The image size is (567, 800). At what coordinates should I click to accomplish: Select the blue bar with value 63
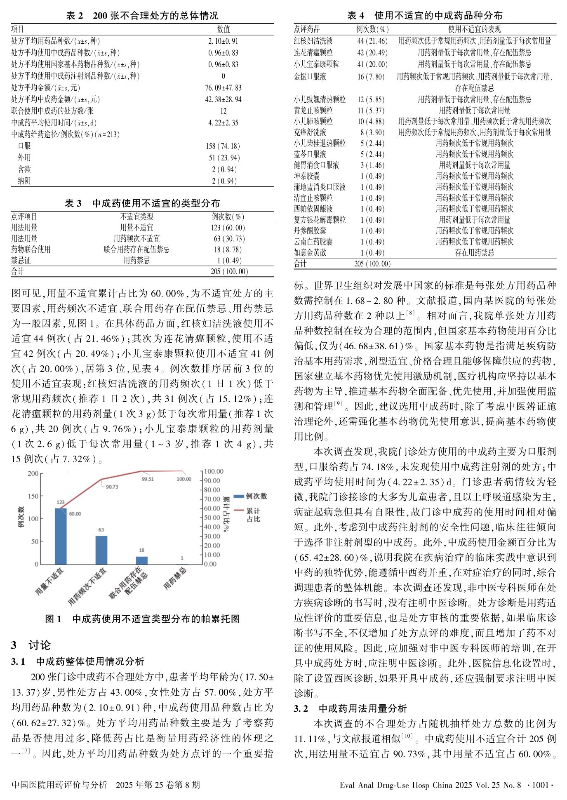[101, 550]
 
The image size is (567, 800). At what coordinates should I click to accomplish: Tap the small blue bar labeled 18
[142, 560]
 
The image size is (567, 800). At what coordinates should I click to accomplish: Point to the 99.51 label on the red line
[147, 479]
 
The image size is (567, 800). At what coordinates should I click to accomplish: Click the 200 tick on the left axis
[33, 473]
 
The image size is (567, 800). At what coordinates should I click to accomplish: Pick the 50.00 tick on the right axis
[212, 518]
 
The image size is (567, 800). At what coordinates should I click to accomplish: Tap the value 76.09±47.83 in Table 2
[223, 88]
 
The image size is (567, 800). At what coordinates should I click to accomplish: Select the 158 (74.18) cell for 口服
[223, 146]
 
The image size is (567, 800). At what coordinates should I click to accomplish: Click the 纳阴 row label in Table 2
[24, 181]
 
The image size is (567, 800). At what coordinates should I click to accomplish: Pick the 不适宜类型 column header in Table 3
[136, 216]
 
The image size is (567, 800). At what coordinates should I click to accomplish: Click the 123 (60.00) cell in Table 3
[227, 228]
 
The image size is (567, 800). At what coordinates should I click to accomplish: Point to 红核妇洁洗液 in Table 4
[313, 41]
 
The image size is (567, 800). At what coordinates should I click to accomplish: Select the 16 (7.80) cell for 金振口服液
[372, 77]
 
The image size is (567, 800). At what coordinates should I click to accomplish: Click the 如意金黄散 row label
[310, 253]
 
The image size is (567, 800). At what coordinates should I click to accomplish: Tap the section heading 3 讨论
[31, 645]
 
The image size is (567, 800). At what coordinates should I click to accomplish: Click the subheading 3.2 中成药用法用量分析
[350, 708]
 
